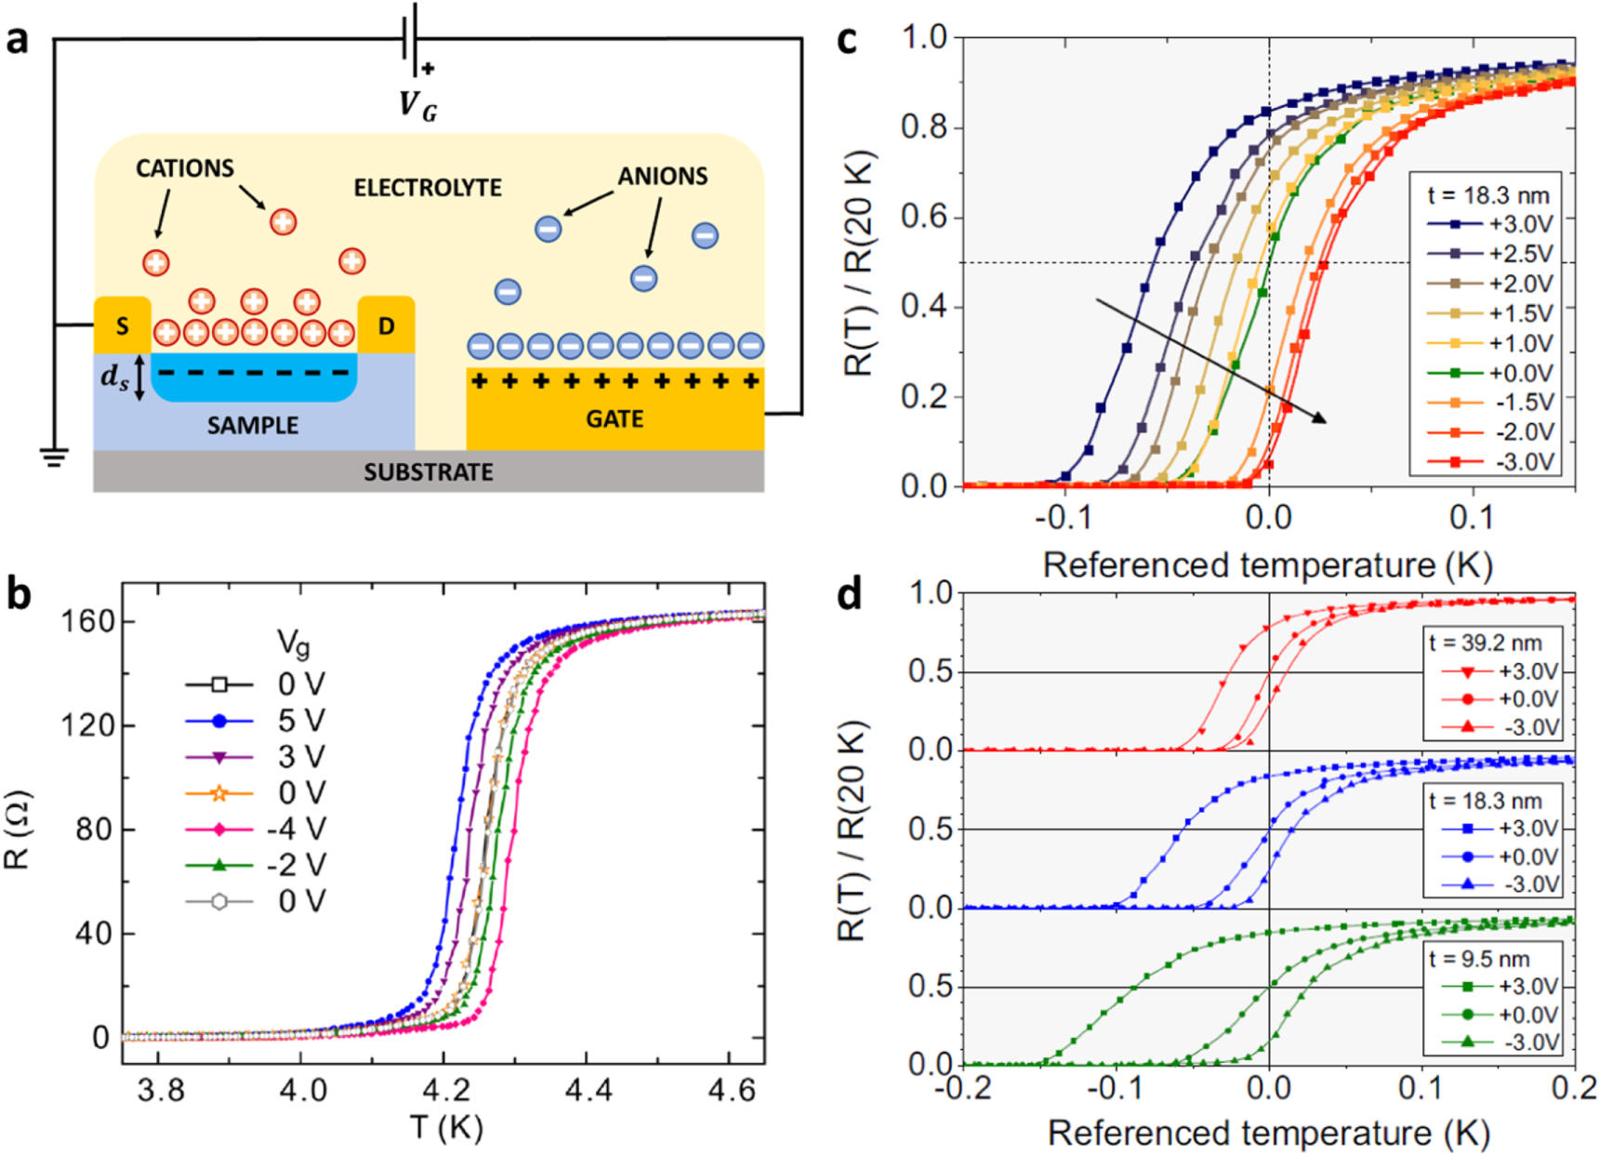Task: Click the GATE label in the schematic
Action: click(x=614, y=418)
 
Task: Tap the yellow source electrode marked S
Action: click(x=122, y=325)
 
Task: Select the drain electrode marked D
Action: click(x=386, y=325)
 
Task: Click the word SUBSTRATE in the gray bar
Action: click(x=428, y=472)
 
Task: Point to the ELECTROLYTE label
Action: click(x=427, y=188)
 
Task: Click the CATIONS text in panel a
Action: click(x=184, y=168)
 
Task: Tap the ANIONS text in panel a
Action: click(x=662, y=176)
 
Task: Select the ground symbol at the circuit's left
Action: click(x=54, y=457)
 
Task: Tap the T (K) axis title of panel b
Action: click(x=446, y=1127)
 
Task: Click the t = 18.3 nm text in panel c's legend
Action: click(x=1488, y=195)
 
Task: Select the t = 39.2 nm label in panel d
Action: click(x=1485, y=643)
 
